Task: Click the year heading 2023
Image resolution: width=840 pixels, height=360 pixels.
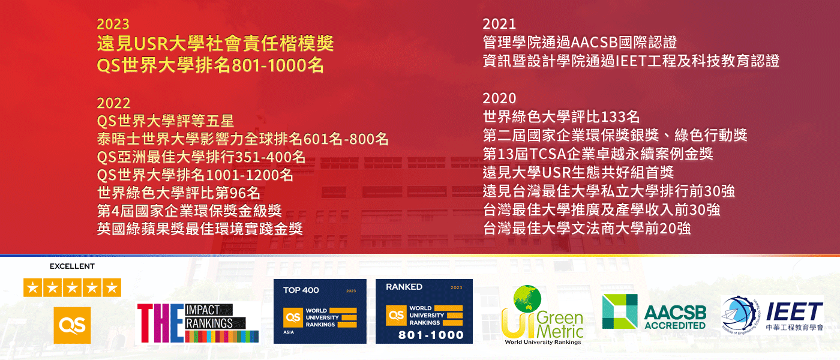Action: (x=113, y=24)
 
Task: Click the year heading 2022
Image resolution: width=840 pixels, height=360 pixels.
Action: (x=113, y=103)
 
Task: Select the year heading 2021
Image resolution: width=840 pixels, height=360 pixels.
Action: (x=499, y=24)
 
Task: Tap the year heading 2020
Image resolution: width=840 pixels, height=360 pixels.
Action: (x=499, y=98)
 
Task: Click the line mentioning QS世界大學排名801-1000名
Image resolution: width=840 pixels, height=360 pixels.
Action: (x=210, y=65)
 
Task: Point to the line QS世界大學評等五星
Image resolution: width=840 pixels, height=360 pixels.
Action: (x=165, y=121)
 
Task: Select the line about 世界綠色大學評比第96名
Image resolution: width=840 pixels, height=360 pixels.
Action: (x=178, y=193)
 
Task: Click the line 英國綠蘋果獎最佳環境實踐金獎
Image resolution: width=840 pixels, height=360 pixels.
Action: (x=199, y=229)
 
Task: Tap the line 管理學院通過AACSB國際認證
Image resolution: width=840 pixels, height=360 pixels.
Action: (x=580, y=43)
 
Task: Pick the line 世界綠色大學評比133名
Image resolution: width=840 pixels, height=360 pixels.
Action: (x=561, y=116)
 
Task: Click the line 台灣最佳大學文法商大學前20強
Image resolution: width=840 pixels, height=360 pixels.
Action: (x=587, y=228)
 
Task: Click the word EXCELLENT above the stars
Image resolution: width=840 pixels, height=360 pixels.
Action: (x=72, y=266)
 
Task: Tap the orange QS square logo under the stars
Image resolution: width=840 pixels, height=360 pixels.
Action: (x=72, y=325)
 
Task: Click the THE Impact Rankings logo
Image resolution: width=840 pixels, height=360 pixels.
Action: (x=198, y=323)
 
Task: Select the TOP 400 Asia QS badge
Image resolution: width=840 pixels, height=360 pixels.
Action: (x=320, y=311)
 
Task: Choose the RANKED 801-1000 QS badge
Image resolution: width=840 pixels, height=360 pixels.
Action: (x=424, y=311)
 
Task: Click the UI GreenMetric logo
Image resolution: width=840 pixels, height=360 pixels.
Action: (x=542, y=317)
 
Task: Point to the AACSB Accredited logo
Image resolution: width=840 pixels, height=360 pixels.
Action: (x=654, y=312)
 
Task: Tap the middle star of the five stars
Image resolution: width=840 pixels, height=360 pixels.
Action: (x=72, y=287)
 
